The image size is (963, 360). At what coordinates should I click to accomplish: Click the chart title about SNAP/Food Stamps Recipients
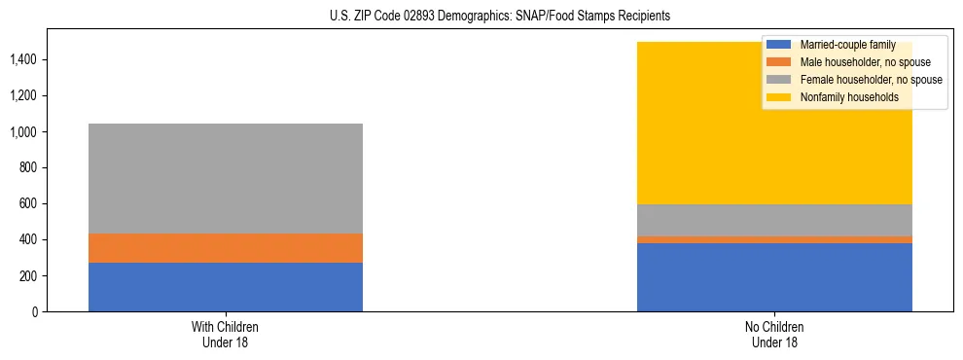tap(482, 17)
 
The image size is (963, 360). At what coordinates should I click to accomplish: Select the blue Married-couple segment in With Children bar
tap(226, 287)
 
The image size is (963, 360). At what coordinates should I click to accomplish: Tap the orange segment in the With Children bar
tap(226, 248)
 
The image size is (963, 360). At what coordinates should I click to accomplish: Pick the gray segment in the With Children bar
tap(226, 178)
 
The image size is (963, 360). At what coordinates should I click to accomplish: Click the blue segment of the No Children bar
tap(774, 277)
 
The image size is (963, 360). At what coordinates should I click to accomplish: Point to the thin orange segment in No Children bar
tap(774, 239)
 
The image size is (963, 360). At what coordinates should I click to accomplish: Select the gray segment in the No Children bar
tap(774, 220)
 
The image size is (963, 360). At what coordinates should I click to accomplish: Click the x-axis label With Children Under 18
tap(226, 335)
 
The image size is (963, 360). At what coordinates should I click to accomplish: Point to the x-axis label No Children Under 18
tap(774, 335)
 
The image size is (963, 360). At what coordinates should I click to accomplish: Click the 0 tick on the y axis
tap(34, 311)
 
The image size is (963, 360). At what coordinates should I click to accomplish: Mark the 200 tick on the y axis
tap(28, 275)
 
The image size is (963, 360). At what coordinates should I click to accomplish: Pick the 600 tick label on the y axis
tap(28, 203)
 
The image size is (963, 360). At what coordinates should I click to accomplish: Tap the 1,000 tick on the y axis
tap(24, 131)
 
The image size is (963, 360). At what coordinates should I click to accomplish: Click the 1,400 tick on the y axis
tap(24, 59)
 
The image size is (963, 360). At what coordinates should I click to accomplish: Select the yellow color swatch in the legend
tap(779, 97)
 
